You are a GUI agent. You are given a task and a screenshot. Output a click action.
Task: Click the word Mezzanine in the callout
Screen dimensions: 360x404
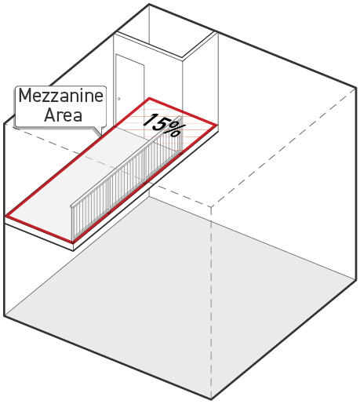pyautogui.click(x=61, y=96)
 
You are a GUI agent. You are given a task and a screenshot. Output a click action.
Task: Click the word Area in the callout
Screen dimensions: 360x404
pyautogui.click(x=63, y=115)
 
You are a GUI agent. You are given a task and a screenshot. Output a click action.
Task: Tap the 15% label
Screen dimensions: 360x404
pyautogui.click(x=164, y=126)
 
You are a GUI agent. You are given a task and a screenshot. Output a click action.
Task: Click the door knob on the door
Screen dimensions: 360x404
pyautogui.click(x=119, y=99)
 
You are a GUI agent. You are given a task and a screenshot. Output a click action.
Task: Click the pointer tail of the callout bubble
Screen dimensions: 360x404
pyautogui.click(x=98, y=132)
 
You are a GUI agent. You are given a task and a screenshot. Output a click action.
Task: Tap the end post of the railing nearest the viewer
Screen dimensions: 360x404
pyautogui.click(x=72, y=223)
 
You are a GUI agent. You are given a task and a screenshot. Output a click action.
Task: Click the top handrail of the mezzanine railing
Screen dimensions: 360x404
pyautogui.click(x=126, y=162)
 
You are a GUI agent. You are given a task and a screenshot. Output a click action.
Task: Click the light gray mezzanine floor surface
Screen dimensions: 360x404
pyautogui.click(x=78, y=183)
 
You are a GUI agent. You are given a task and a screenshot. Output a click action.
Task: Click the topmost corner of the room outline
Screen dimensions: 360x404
pyautogui.click(x=149, y=4)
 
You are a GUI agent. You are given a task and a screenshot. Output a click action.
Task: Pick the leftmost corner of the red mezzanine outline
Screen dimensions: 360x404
pyautogui.click(x=6, y=216)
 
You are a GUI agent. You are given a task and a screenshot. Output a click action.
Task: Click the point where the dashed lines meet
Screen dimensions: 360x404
pyautogui.click(x=211, y=206)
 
